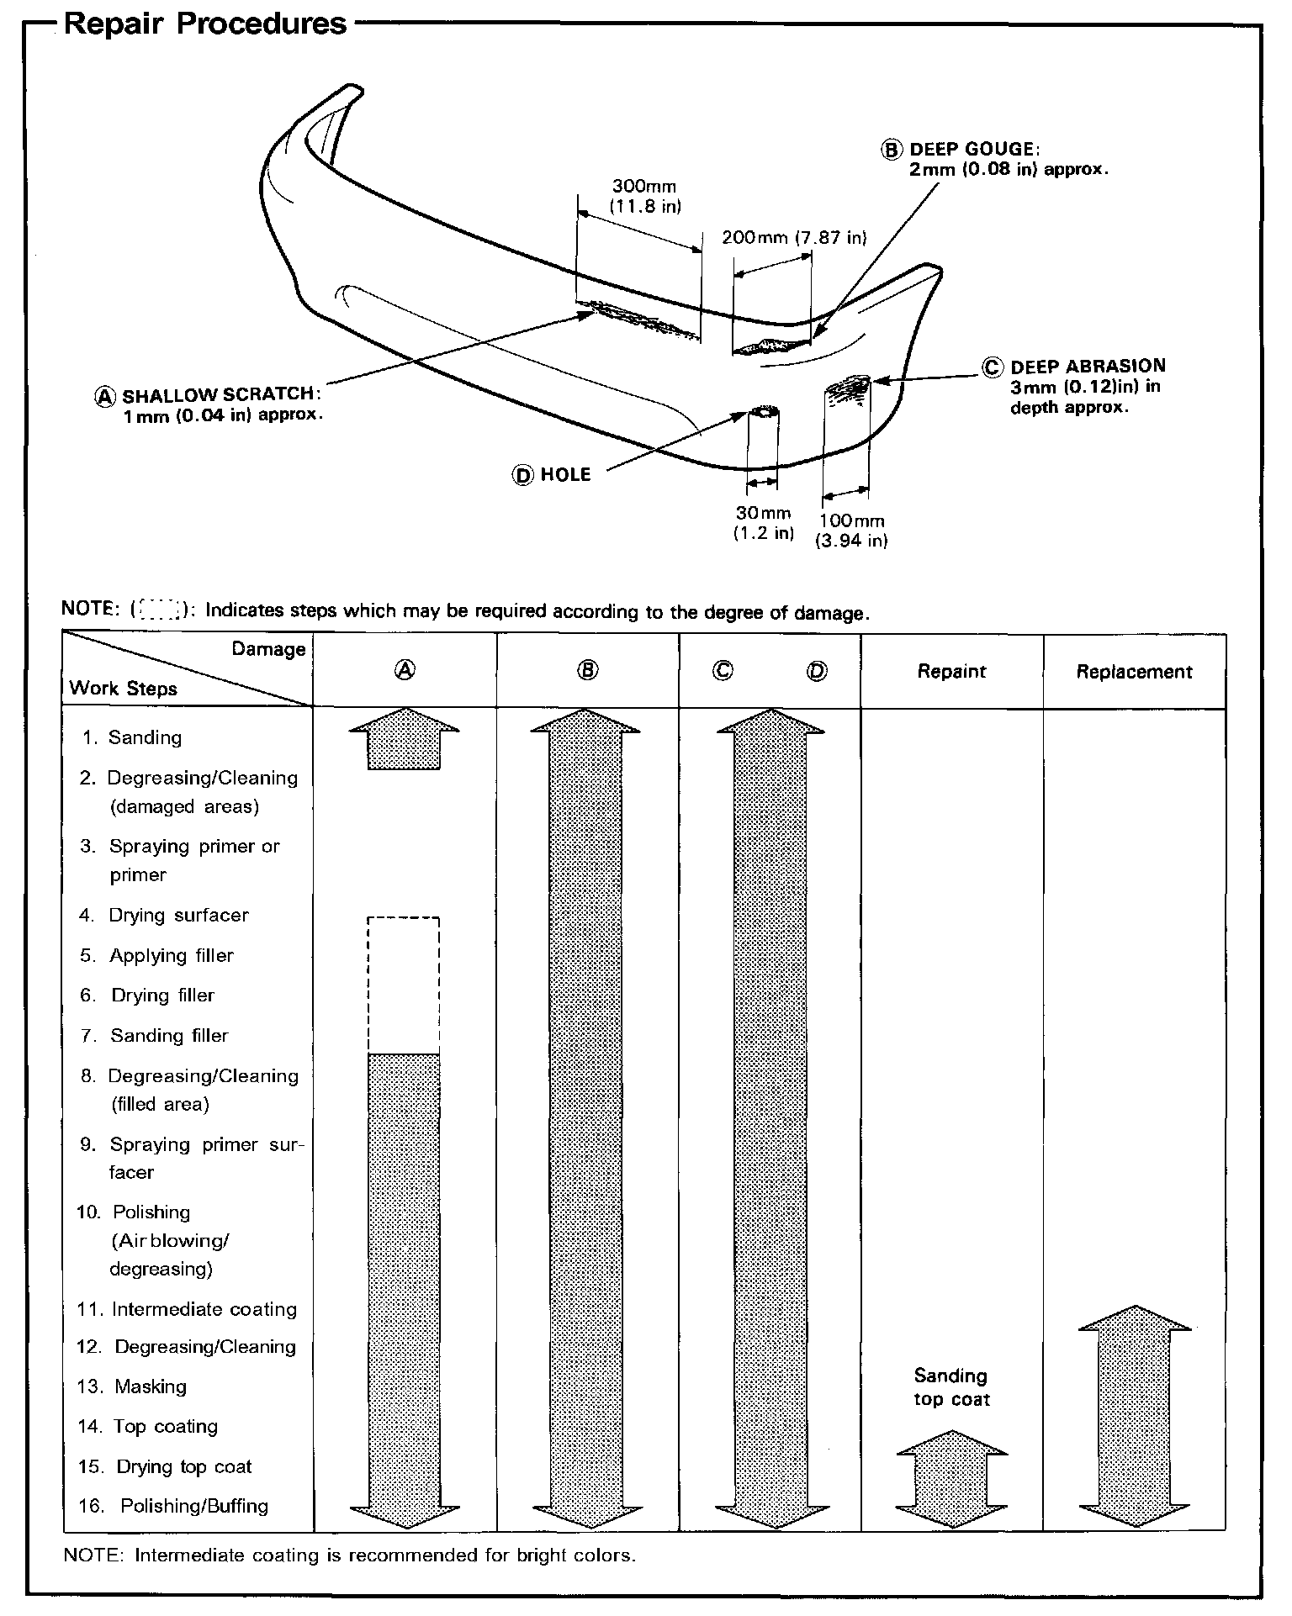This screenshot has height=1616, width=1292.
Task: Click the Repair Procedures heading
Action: [204, 23]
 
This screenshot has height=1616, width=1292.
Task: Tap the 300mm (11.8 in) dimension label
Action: [644, 196]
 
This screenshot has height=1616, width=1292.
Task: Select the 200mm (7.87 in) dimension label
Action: [793, 238]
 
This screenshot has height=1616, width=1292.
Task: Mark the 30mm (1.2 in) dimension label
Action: [763, 523]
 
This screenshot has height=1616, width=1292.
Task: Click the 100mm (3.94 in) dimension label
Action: [851, 531]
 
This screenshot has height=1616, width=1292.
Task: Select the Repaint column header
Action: [951, 672]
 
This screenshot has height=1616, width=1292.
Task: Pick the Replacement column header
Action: [1134, 672]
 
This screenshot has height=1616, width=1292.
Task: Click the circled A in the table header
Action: [405, 670]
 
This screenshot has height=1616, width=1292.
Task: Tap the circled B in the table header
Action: [588, 670]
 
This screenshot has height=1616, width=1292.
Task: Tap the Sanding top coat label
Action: [951, 1387]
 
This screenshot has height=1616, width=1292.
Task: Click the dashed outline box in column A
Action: [404, 985]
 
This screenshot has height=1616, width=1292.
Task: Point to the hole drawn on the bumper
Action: [763, 412]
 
